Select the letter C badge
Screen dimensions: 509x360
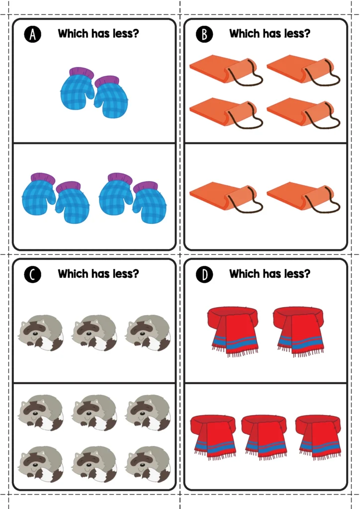click(32, 274)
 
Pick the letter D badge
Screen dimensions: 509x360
click(204, 274)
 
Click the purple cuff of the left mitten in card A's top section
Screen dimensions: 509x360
click(82, 73)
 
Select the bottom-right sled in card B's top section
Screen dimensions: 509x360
click(302, 112)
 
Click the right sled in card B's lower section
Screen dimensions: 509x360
click(302, 196)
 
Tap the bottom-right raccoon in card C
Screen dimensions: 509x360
click(148, 464)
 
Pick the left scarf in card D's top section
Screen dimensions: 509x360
click(232, 331)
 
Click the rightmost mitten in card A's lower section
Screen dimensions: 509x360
click(150, 203)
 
